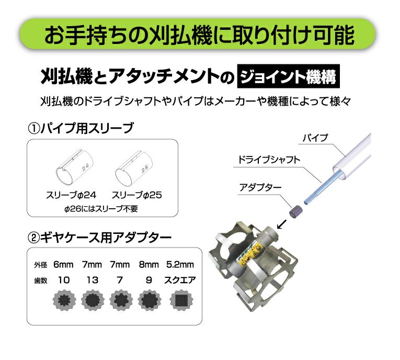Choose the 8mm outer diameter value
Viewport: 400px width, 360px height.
tap(148, 265)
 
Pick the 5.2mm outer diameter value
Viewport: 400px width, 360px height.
tap(180, 265)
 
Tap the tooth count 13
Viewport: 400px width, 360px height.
tap(92, 280)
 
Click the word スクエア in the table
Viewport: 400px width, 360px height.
tap(180, 280)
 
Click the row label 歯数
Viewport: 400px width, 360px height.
tap(41, 280)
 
